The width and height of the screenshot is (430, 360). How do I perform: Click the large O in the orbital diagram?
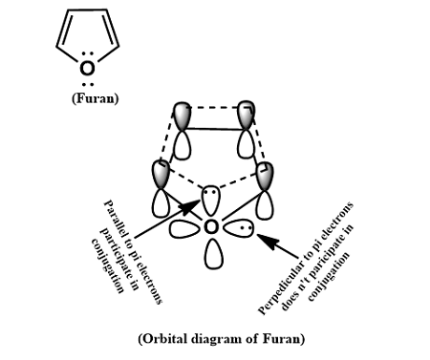pyautogui.click(x=211, y=228)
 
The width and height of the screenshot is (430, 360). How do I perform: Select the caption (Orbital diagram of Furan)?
pyautogui.click(x=215, y=339)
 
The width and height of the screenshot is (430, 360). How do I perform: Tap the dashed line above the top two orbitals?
pyautogui.click(x=215, y=102)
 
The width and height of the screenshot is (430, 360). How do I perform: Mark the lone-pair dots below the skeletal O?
pyautogui.click(x=87, y=84)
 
